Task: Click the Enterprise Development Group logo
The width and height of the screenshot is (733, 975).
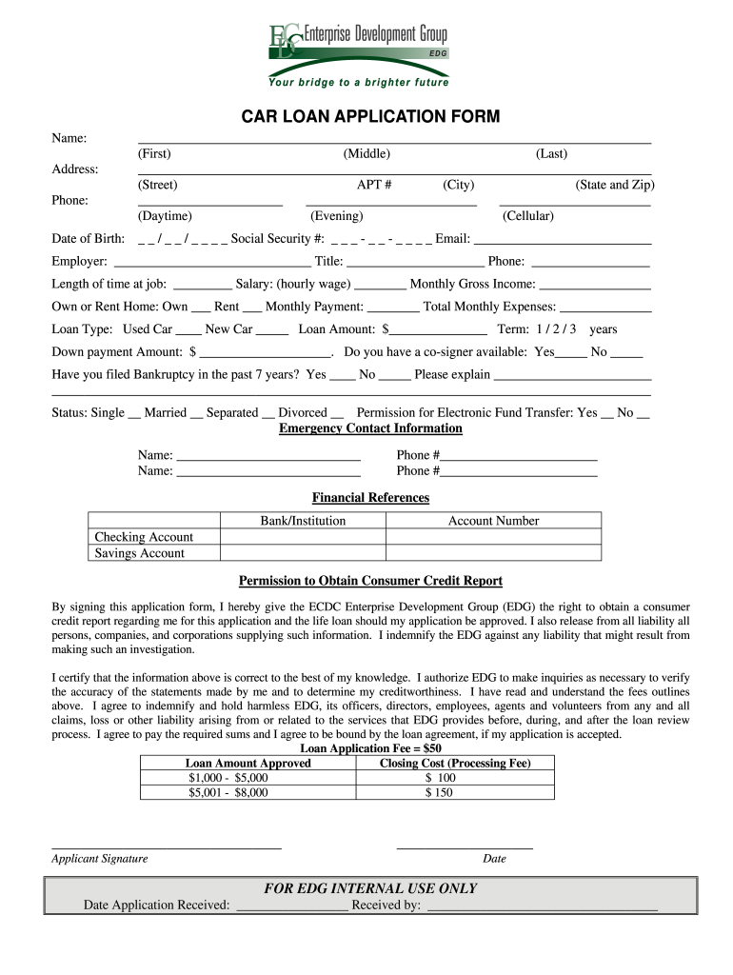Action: pos(357,43)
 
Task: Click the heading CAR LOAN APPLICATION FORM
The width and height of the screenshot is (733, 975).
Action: pos(369,117)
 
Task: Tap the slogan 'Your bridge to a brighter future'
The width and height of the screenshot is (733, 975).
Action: pos(366,83)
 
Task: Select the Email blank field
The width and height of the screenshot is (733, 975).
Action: pos(562,240)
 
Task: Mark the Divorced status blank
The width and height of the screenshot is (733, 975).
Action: pos(337,414)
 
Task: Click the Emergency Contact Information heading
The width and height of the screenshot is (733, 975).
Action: pos(370,428)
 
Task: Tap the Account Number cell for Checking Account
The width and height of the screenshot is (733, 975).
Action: pos(493,537)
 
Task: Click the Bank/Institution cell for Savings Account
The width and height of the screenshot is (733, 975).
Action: pos(303,553)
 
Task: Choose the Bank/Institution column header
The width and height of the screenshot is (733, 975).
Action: pos(303,521)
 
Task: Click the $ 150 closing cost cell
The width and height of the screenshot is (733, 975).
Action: pos(440,792)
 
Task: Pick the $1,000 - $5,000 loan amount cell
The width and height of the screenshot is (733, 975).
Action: pos(228,778)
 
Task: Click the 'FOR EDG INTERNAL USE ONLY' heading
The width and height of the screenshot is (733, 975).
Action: pos(370,888)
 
